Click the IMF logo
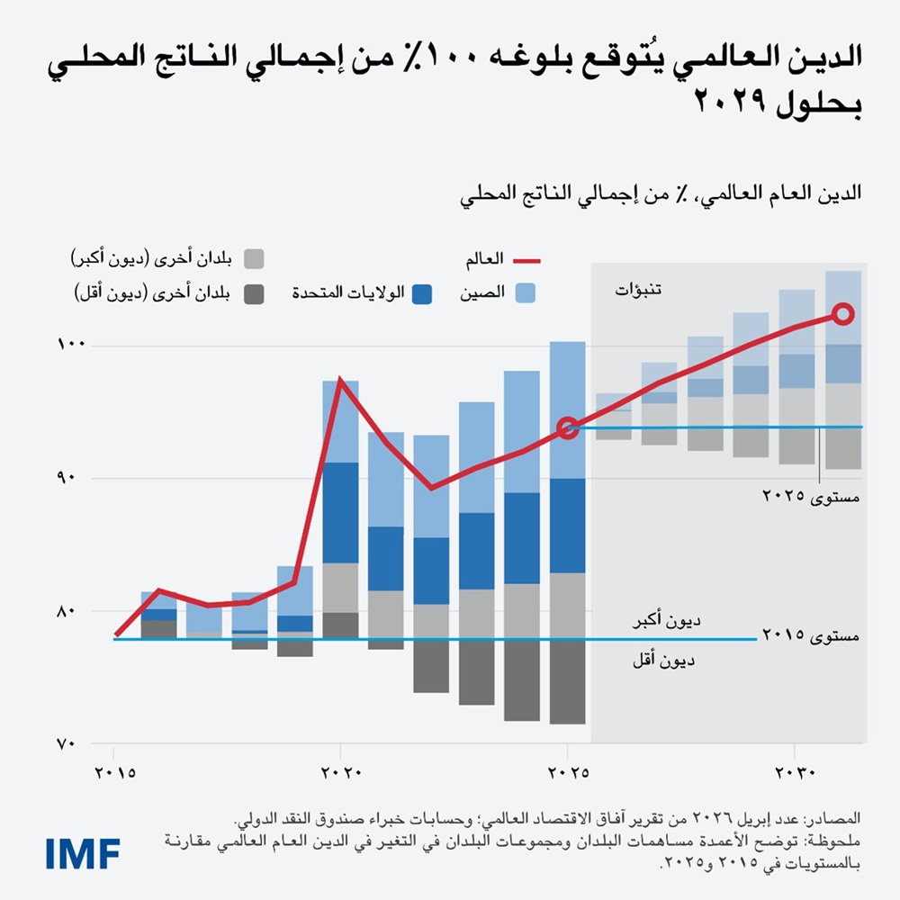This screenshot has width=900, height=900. [x=83, y=852]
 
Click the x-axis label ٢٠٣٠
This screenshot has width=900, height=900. [x=795, y=772]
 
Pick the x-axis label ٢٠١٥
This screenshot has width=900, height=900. [x=113, y=772]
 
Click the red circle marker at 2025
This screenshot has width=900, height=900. [x=567, y=428]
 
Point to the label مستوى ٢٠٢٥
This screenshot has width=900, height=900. [x=811, y=496]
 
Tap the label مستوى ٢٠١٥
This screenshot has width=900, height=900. [x=811, y=635]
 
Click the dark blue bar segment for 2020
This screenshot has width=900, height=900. [x=340, y=511]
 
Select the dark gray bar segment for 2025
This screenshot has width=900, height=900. [x=567, y=681]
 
